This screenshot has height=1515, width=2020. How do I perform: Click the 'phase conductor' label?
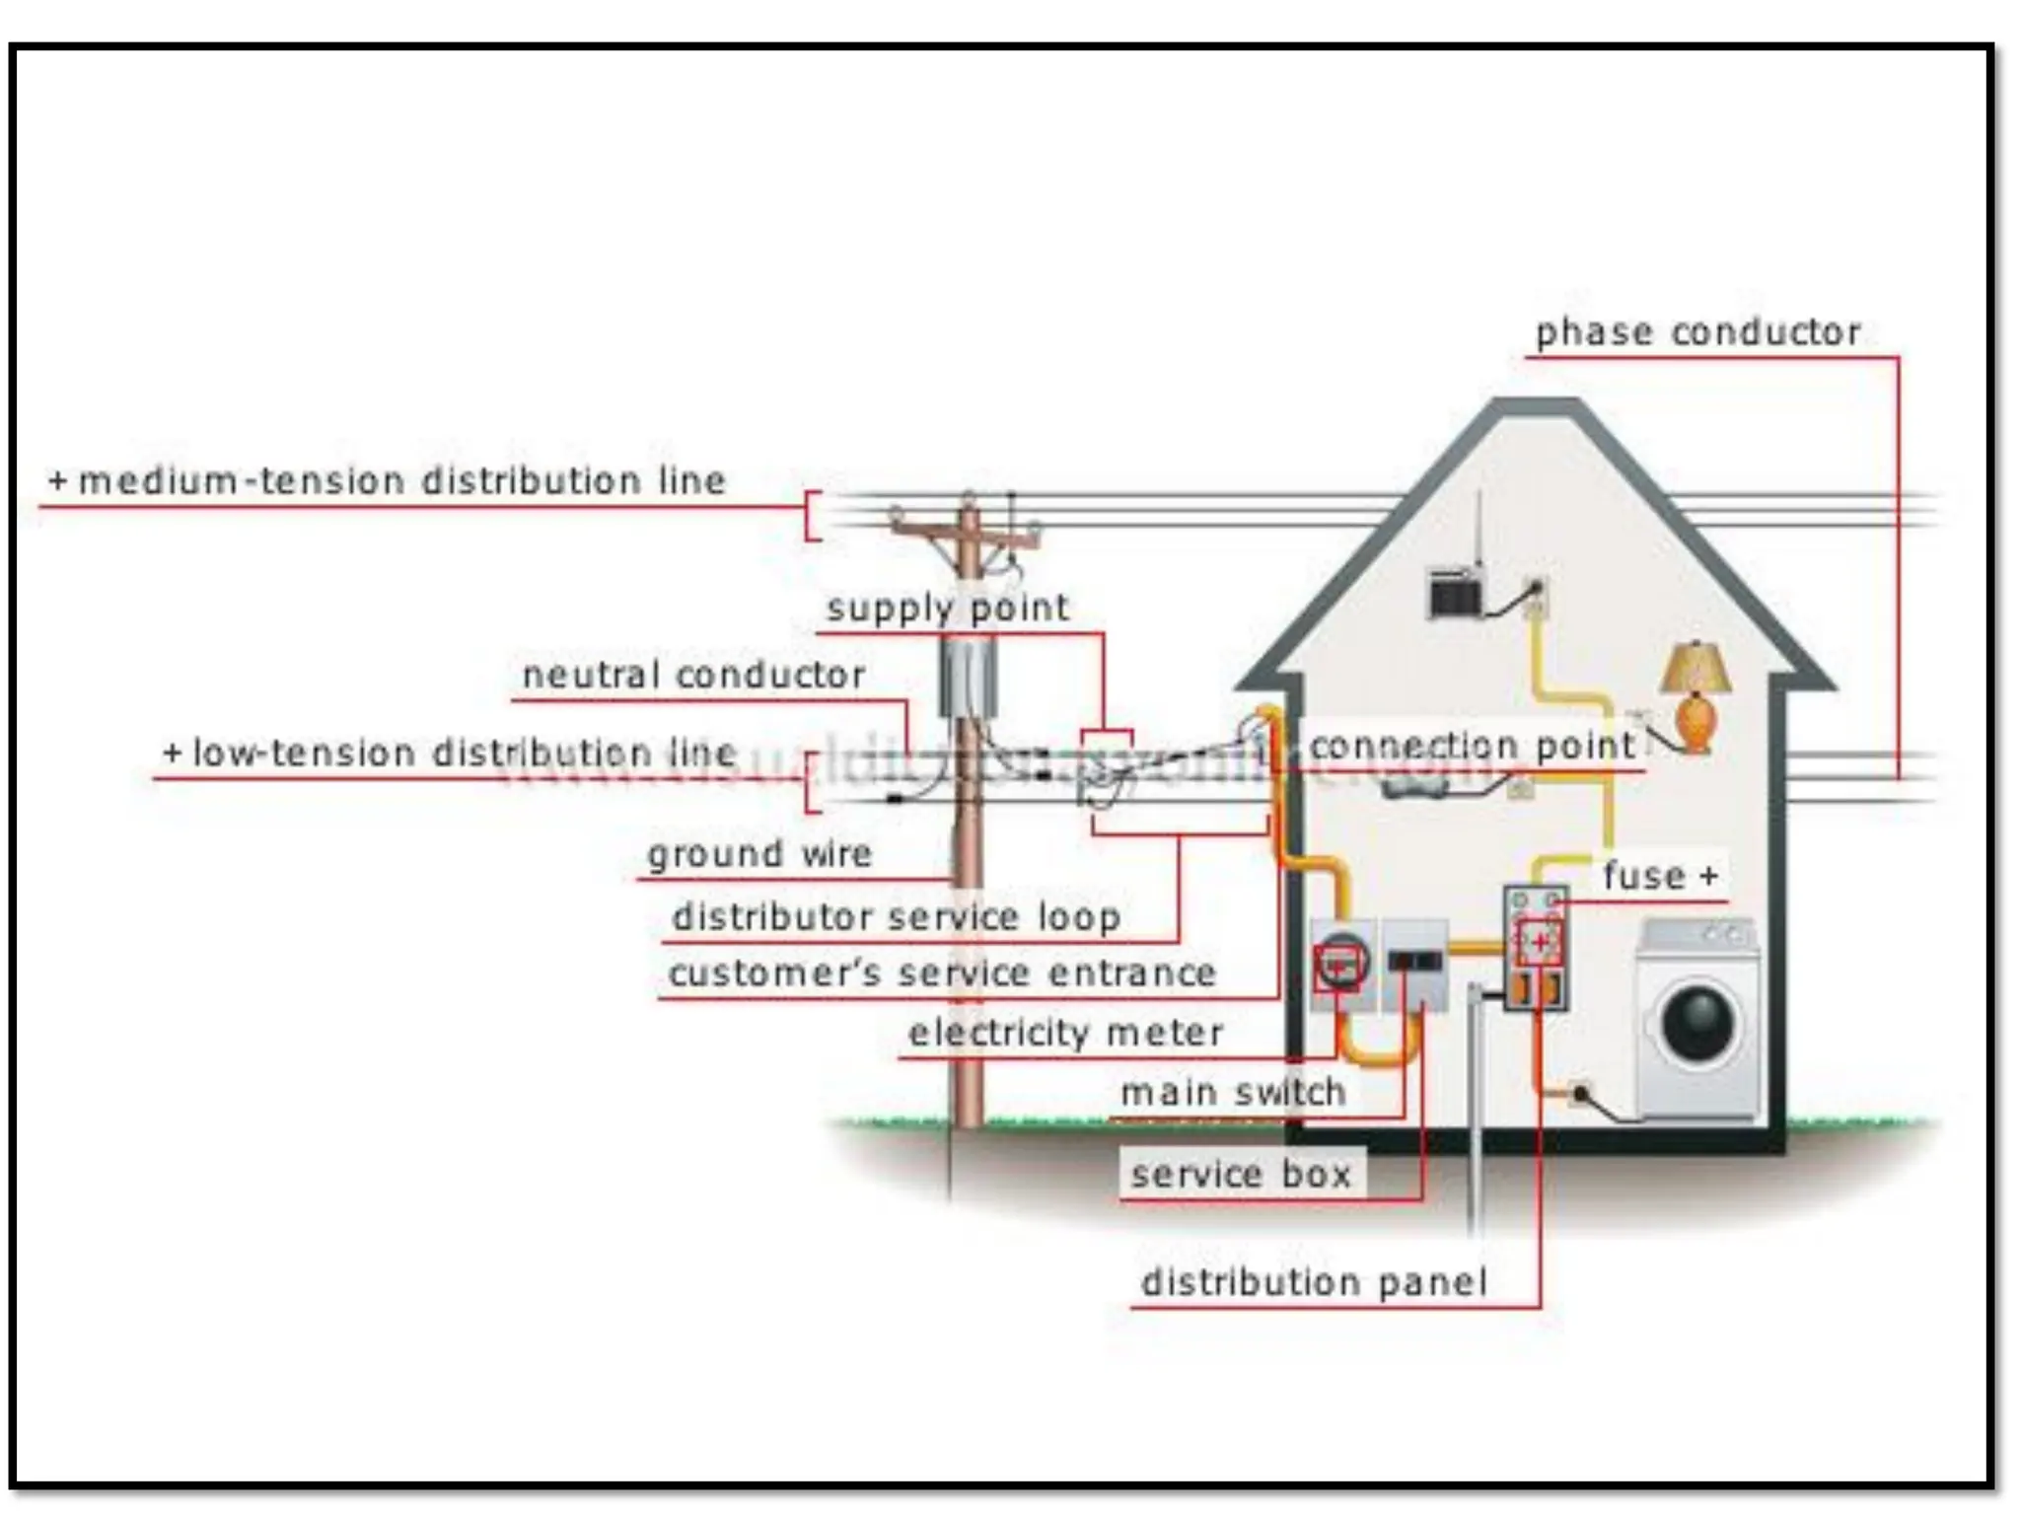1697,332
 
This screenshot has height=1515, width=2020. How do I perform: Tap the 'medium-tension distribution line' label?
400,480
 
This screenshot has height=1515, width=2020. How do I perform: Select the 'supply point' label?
947,608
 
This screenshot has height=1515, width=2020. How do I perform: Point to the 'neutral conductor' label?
693,675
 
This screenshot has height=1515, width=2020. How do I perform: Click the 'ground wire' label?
759,853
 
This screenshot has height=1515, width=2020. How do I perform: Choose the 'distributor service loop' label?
896,916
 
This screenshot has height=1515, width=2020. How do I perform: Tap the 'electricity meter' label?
1065,1033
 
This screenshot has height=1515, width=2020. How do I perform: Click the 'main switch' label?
1233,1092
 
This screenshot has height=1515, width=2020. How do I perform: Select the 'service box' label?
1241,1174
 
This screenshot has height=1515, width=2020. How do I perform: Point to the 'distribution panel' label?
1314,1282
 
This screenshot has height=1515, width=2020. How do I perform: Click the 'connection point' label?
1472,746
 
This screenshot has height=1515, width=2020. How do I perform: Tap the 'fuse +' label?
1660,875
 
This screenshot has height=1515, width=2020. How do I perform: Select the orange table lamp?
1695,695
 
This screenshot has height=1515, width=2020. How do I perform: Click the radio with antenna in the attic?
1456,594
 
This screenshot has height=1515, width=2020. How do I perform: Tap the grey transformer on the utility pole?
968,678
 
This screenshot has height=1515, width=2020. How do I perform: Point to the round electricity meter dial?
1340,963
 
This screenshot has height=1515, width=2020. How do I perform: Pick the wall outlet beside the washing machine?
1580,1093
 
